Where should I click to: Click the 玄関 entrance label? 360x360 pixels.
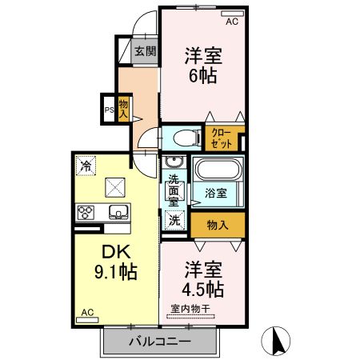tap(145, 53)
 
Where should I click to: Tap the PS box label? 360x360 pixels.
tap(109, 110)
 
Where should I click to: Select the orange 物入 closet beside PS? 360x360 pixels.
tap(124, 107)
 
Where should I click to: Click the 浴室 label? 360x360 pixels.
tap(216, 193)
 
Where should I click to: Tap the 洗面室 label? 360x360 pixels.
tap(174, 191)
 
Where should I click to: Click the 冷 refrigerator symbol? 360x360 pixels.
tap(86, 166)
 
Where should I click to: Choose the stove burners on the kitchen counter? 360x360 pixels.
tap(86, 212)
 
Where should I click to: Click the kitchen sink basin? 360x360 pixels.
tap(118, 212)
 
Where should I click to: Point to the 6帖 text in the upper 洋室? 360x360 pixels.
tap(203, 78)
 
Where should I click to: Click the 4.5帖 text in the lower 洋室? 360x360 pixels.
tap(202, 287)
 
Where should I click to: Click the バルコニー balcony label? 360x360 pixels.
tap(160, 342)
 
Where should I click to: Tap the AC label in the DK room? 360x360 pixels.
tap(88, 312)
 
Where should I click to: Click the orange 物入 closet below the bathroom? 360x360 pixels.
tap(217, 225)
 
